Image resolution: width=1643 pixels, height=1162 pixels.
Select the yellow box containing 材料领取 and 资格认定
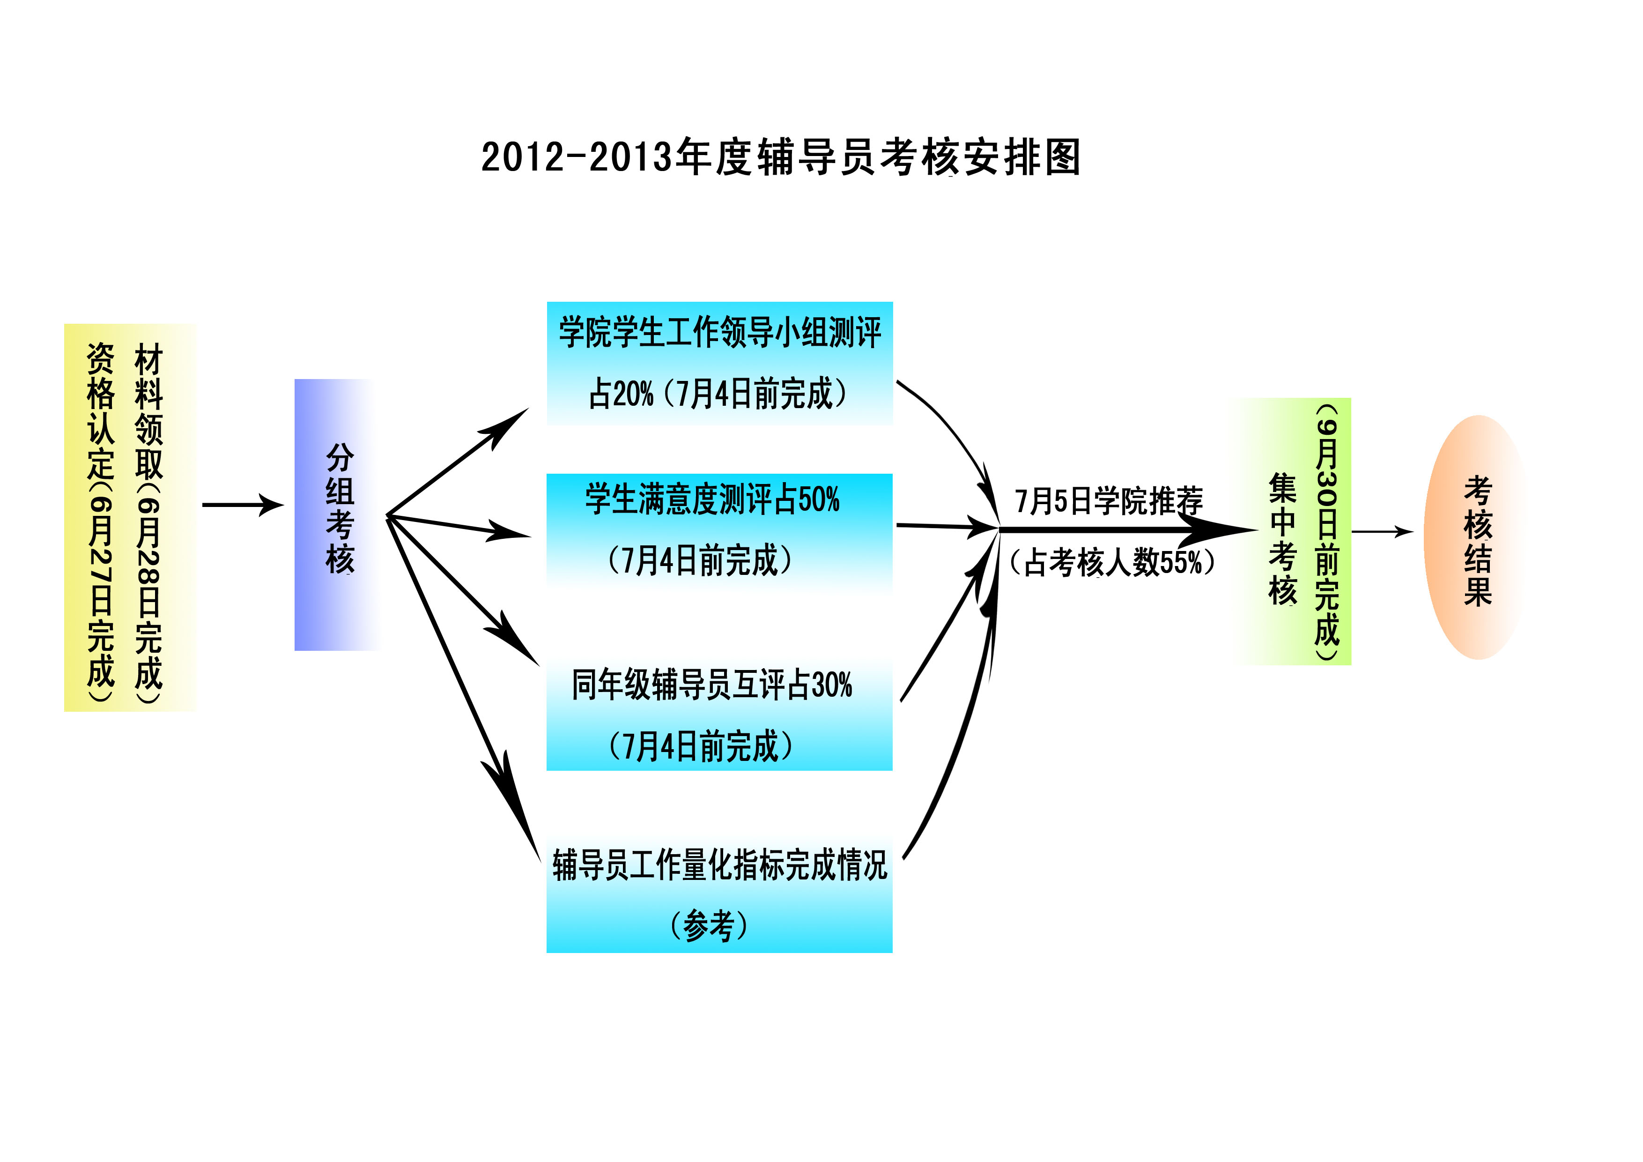coord(130,517)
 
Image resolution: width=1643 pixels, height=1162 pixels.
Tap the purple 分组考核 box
coord(336,514)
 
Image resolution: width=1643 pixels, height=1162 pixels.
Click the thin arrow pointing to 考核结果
coord(1382,531)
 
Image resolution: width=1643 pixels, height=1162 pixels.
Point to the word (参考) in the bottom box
coord(709,926)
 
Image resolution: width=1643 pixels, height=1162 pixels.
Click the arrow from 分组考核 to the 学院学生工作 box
coord(458,462)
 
